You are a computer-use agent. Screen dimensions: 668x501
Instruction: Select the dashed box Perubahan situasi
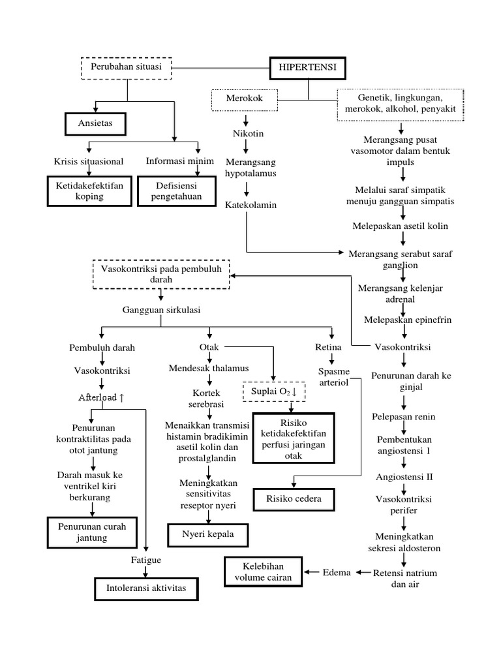coord(127,67)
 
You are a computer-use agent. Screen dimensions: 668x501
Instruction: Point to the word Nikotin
coord(247,135)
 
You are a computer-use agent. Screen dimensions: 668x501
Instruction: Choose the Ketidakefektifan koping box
coord(89,190)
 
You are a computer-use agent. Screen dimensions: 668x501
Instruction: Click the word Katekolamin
coord(251,205)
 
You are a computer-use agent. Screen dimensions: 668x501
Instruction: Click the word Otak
coord(209,347)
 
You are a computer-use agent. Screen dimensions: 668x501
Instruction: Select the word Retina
coord(328,347)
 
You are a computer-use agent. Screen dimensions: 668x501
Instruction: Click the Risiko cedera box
coord(294,500)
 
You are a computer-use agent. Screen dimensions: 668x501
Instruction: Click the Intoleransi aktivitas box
coord(145,588)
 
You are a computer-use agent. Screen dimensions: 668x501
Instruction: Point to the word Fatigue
coord(145,560)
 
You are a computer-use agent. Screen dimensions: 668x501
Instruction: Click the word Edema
coord(337,572)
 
